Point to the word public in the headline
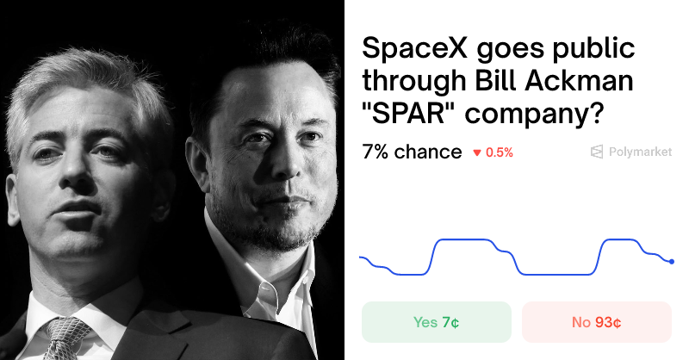(593, 49)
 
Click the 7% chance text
(412, 152)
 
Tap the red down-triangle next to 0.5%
(476, 153)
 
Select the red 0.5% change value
(500, 152)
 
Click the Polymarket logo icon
(596, 152)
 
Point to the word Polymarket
(640, 152)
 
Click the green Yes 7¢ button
(436, 322)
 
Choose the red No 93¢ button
(596, 322)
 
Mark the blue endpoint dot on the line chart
(671, 261)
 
